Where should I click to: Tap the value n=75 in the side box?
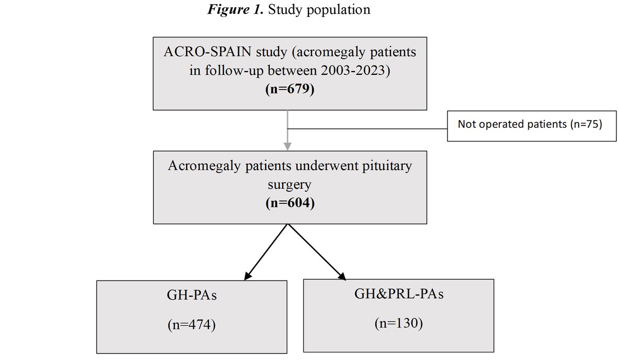pos(587,125)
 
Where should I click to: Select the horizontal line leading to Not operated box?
pos(366,129)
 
